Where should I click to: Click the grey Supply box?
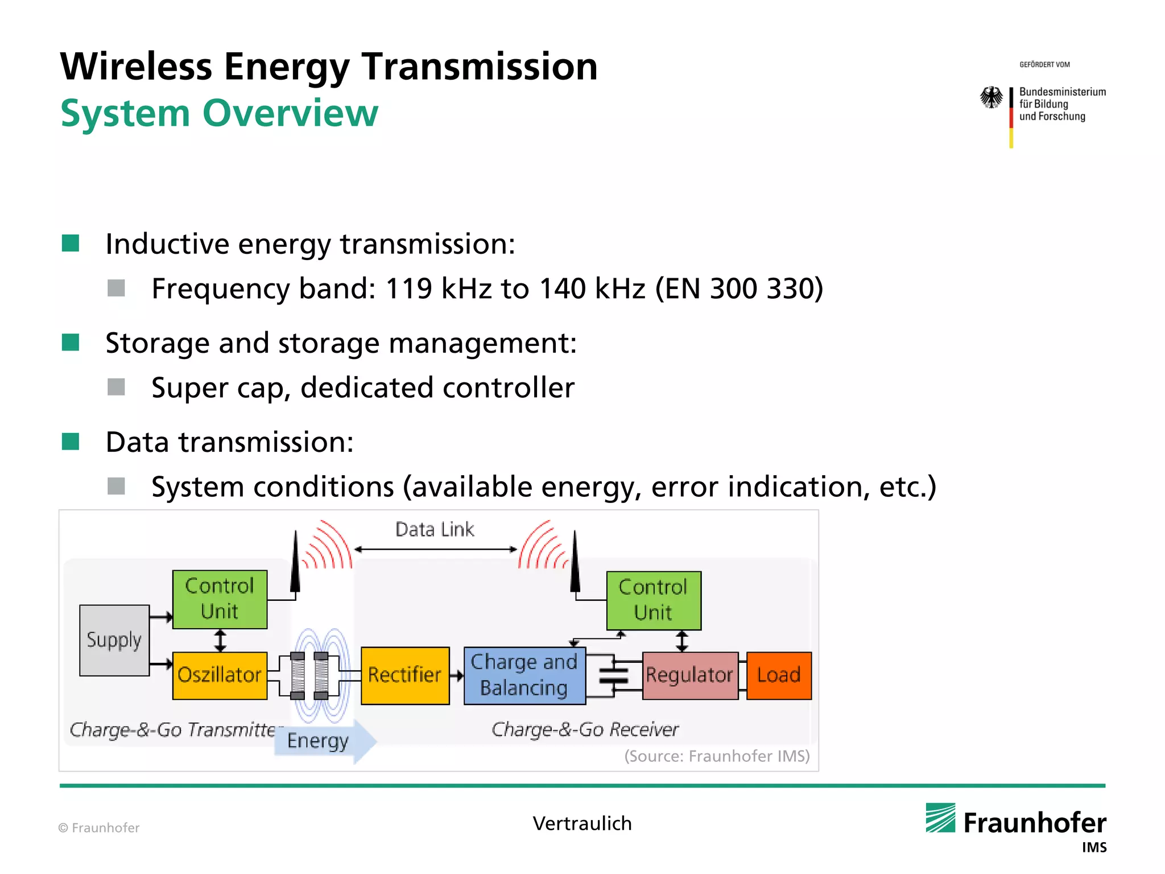pos(114,640)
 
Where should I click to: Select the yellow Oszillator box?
pos(220,675)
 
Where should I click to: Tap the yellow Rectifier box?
pos(404,675)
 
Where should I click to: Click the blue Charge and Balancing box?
pos(524,675)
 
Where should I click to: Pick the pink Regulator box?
pos(689,675)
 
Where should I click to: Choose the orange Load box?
pos(778,675)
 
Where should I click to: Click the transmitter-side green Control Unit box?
pos(220,599)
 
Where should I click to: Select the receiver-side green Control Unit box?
pos(653,600)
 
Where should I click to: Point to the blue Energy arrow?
pos(324,741)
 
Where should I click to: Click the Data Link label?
pos(435,530)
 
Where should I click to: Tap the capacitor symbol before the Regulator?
pos(613,675)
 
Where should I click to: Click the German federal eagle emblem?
pos(992,97)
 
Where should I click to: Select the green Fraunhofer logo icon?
pos(940,818)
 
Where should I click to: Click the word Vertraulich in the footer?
pos(582,823)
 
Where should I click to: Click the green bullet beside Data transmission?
pos(71,442)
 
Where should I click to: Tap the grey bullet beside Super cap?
pos(116,387)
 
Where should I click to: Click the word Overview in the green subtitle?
pos(290,113)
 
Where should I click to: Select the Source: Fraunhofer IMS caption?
pos(716,756)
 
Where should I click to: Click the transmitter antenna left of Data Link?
pos(295,563)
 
